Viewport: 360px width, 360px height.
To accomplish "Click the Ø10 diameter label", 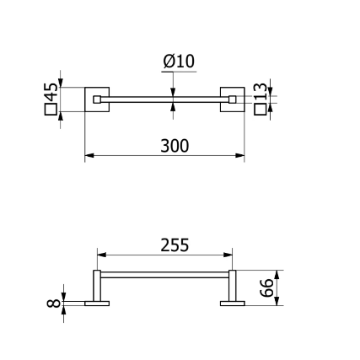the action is point(179,62).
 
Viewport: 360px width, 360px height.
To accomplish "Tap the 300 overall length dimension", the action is point(175,146).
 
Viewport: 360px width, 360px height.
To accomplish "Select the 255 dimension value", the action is point(175,244).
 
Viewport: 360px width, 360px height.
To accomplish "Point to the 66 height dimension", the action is point(266,287).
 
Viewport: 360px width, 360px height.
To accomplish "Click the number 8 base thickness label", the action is point(53,304).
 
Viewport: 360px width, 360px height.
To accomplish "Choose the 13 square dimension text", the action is point(260,91).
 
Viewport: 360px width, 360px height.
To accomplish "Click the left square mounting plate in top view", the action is point(97,99).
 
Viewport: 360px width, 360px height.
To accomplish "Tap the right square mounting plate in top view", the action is point(233,99).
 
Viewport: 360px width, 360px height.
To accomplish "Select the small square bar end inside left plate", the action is point(97,99).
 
